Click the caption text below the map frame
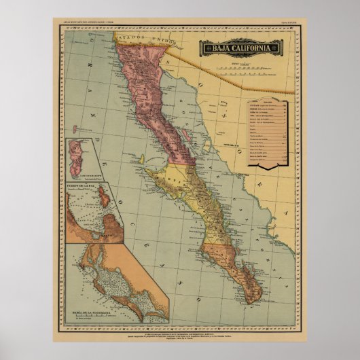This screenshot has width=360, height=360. [x=180, y=329]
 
